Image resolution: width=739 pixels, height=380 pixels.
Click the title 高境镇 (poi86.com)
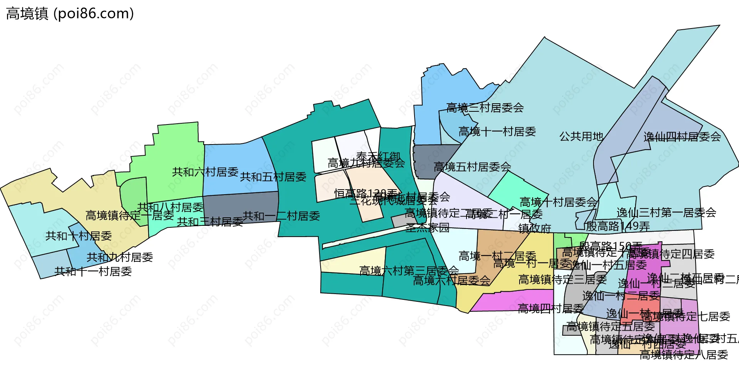[70, 14]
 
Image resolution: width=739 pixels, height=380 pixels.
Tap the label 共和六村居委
[205, 172]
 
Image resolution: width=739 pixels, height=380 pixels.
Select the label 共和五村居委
[273, 177]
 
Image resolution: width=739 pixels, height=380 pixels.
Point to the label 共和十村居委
[79, 236]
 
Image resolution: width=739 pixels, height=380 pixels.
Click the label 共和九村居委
[120, 257]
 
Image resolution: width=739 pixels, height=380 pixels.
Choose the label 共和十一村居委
[93, 272]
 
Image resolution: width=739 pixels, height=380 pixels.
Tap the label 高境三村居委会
[485, 108]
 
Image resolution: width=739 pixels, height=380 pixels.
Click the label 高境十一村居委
[497, 132]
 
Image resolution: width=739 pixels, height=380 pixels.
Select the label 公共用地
[581, 136]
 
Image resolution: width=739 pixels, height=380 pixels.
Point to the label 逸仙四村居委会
[682, 136]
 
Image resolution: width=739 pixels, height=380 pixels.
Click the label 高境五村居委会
[472, 167]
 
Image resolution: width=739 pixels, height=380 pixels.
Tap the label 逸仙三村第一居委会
[666, 212]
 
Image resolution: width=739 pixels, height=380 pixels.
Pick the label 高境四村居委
[550, 309]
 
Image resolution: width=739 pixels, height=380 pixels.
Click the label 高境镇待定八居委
[684, 355]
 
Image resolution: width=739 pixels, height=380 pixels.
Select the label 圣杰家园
[427, 228]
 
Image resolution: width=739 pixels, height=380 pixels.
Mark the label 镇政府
[535, 229]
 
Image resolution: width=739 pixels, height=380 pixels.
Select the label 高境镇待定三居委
[562, 279]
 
